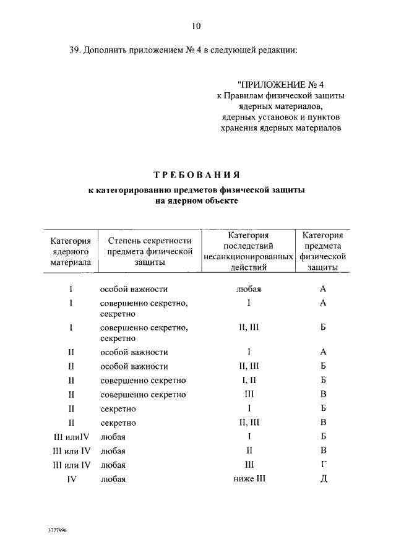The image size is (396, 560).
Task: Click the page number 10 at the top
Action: tap(196, 26)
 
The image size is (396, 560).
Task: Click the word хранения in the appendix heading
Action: tap(239, 128)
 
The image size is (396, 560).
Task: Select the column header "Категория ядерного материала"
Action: tap(71, 251)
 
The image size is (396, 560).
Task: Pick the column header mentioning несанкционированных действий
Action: tap(248, 251)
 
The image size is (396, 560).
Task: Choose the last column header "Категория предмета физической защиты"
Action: tap(322, 251)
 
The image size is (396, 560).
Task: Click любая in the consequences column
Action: tap(248, 289)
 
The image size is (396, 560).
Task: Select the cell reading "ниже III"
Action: tap(248, 478)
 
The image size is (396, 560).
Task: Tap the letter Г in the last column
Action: tap(323, 464)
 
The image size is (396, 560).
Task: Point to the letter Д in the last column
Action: tap(323, 478)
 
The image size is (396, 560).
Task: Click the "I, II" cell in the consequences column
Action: tap(248, 380)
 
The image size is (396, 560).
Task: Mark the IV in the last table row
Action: tap(71, 478)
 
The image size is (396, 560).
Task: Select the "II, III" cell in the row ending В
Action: tap(248, 423)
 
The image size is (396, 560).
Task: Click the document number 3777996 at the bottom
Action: tap(58, 531)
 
